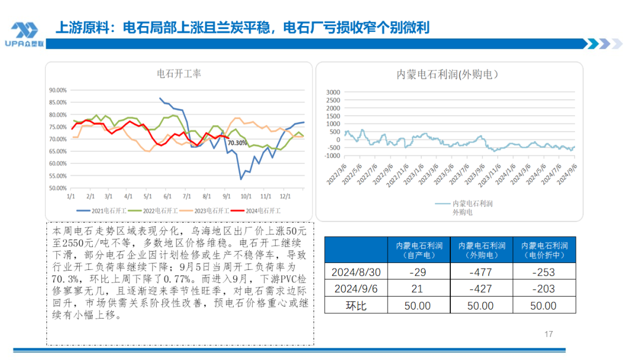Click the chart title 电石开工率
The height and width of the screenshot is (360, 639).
click(179, 74)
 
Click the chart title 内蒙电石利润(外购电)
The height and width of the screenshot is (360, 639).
click(448, 75)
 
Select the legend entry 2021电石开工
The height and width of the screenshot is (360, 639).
click(98, 210)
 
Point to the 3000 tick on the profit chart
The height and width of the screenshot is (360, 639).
click(333, 92)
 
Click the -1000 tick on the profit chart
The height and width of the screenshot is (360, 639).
click(332, 156)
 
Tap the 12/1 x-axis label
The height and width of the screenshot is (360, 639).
click(285, 195)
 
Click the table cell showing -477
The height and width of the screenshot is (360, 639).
click(480, 272)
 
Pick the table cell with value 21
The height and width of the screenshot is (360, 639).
click(417, 289)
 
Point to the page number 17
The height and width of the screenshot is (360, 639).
click(548, 335)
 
